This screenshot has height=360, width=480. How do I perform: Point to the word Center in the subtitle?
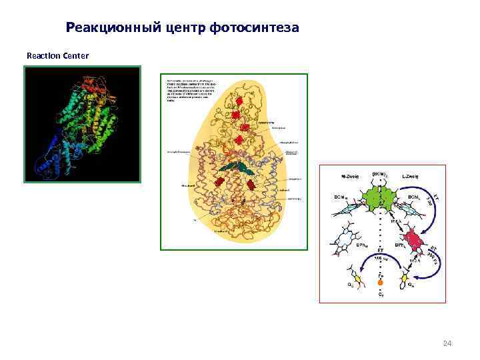[x=75, y=55]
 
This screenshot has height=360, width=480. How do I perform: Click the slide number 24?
[x=447, y=343]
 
